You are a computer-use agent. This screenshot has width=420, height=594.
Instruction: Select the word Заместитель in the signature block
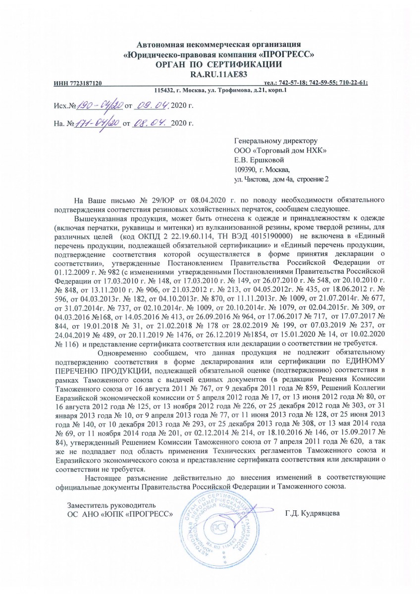[x=87, y=505]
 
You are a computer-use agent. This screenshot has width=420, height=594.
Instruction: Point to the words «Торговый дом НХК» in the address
[x=286, y=150]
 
